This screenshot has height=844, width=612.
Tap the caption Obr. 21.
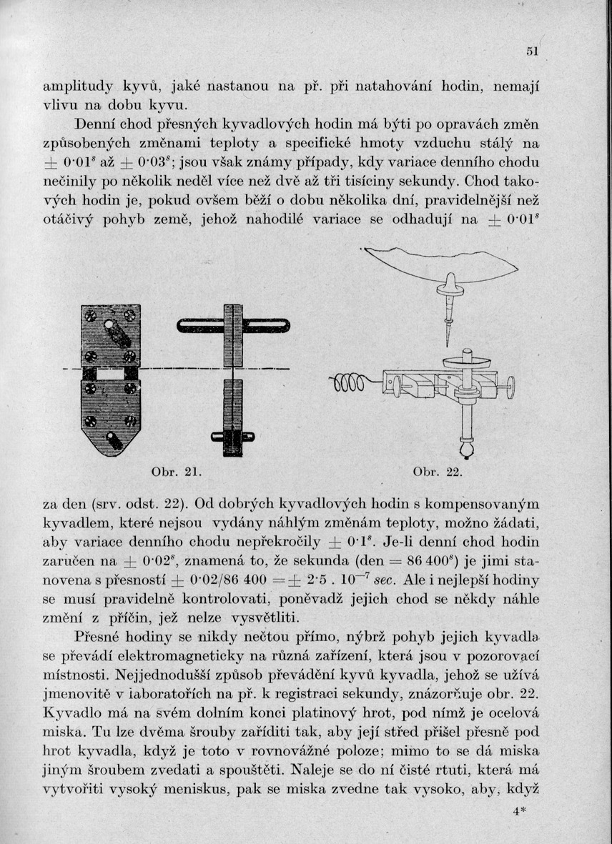(169, 472)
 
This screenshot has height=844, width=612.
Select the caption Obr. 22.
(438, 472)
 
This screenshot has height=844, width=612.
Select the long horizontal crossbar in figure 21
(233, 326)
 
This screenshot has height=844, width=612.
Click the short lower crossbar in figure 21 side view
(233, 437)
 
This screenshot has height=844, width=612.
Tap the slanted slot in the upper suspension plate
(113, 333)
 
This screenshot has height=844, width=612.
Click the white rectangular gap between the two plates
(111, 374)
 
